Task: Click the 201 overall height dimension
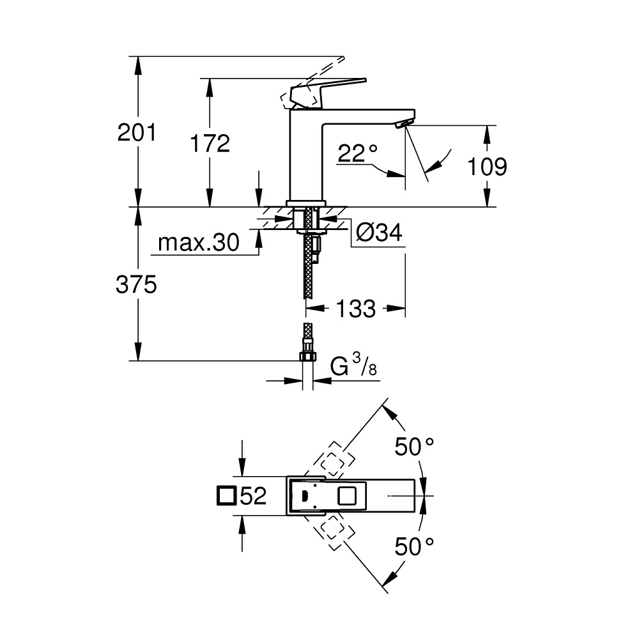(137, 133)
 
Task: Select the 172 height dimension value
(210, 143)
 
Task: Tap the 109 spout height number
(487, 167)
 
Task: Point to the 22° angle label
(358, 153)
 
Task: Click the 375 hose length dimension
(136, 284)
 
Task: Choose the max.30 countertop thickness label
(199, 243)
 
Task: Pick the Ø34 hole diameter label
(379, 233)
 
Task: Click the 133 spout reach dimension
(355, 309)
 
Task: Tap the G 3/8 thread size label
(353, 364)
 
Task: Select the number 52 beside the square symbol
(253, 496)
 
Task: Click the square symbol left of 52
(227, 496)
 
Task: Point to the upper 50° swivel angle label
(414, 447)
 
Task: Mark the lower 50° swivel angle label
(414, 547)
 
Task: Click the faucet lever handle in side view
(326, 91)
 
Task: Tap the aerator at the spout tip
(404, 123)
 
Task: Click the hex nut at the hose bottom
(308, 356)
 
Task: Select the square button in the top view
(347, 496)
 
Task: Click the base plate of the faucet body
(306, 203)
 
